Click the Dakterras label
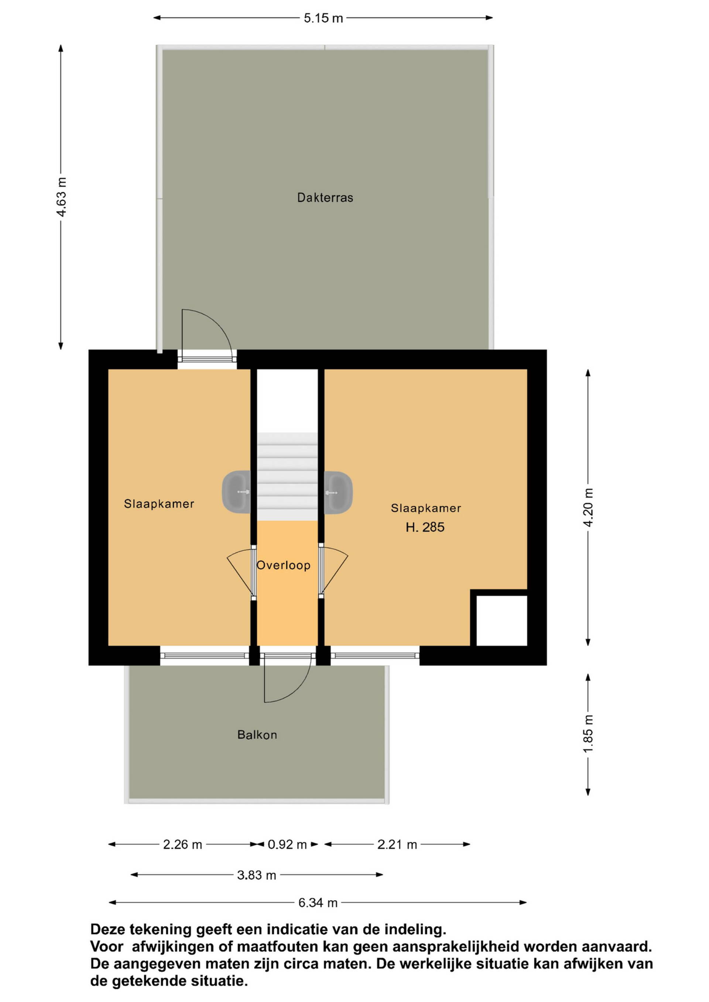coord(325,198)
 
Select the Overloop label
coord(283,565)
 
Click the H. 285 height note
coord(425,527)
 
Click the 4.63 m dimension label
coord(62,197)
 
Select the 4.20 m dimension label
coord(589,508)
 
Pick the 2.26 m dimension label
coord(182,845)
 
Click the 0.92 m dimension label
coord(287,845)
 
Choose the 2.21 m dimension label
coord(397,845)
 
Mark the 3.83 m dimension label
coord(257,875)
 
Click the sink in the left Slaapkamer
coord(237,492)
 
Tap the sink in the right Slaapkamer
coord(338,492)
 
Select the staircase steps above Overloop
coord(287,477)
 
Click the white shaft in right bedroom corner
coord(501,621)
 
